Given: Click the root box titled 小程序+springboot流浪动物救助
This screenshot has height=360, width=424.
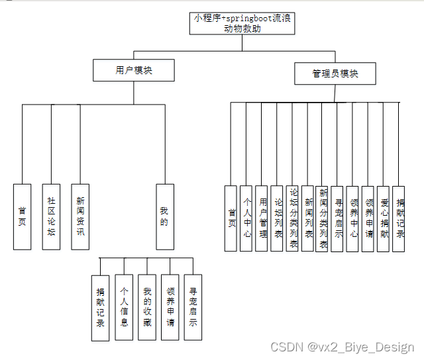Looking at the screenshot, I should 242,23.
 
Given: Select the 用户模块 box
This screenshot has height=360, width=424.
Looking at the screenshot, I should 134,70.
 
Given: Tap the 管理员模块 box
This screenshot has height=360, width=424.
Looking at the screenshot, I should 335,74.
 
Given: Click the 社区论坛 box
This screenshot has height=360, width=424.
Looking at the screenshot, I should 51,216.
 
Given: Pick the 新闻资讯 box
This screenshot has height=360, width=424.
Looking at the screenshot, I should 80,216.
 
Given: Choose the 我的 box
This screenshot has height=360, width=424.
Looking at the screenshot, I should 165,216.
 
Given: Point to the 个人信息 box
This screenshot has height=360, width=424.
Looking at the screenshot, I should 124,307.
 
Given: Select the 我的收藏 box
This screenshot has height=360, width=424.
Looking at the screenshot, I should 147,307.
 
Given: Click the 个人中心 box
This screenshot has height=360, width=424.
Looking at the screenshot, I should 246,218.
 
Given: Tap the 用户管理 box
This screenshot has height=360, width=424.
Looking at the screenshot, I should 262,218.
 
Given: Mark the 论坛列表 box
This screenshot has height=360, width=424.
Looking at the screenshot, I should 277,218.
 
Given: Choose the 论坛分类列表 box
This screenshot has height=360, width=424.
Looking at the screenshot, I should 292,218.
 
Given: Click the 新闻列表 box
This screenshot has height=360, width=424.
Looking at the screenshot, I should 307,218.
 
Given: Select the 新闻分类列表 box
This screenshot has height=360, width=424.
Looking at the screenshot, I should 323,218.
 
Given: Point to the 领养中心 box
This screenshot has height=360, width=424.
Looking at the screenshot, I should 352,218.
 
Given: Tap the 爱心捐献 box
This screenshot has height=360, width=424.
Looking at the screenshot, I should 384,218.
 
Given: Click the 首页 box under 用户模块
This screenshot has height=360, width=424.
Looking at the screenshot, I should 22,216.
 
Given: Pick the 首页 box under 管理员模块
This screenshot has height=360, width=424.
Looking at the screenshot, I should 231,218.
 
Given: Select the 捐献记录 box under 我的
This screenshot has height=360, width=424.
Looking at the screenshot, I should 101,307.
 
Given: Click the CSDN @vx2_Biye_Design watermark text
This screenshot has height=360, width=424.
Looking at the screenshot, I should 343,347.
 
